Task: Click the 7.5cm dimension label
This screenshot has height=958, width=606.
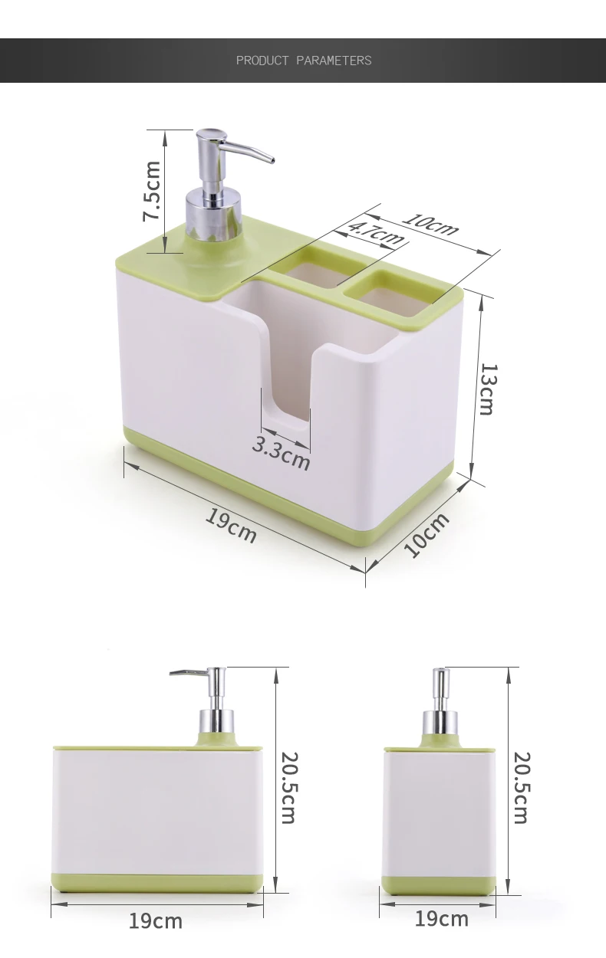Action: coord(152,191)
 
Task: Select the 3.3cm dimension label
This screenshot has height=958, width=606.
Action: coord(281,454)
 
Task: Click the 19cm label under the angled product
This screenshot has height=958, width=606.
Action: coord(231,525)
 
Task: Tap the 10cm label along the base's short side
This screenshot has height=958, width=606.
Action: coord(427,535)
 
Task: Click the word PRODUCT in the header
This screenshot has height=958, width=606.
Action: coord(262,61)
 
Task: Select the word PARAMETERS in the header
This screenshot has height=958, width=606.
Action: coord(334,61)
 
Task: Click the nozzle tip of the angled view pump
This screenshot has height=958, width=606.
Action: coord(272,160)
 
